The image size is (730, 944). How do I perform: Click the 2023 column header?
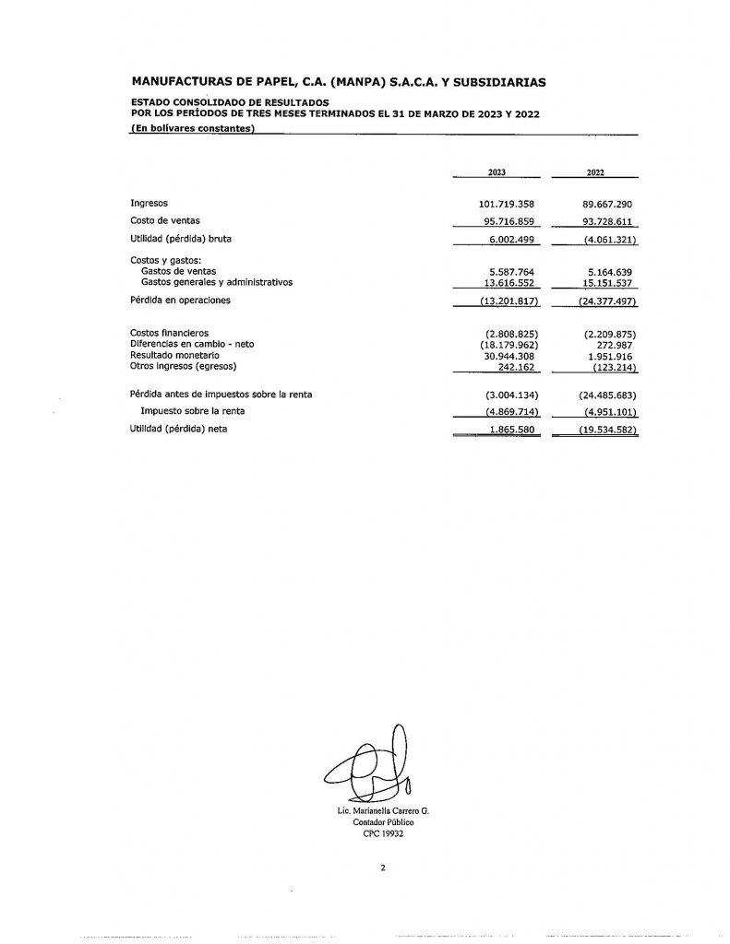coord(497,172)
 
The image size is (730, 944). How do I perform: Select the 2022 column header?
coord(595,172)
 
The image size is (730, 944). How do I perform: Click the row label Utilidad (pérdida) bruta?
coord(181,239)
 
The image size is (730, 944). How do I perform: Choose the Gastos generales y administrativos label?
coord(216,283)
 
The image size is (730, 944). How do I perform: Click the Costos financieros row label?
coord(169,333)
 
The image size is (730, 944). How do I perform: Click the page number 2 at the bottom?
coord(382,867)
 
